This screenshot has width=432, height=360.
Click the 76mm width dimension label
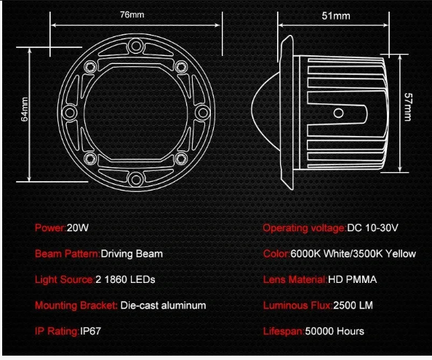pyautogui.click(x=132, y=15)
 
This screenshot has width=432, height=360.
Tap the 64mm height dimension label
pyautogui.click(x=25, y=109)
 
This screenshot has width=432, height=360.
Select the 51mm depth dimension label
pyautogui.click(x=336, y=16)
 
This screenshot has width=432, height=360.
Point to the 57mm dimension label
pyautogui.click(x=408, y=107)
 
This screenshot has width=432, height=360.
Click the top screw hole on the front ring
pyautogui.click(x=135, y=46)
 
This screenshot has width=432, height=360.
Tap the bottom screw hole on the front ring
pyautogui.click(x=135, y=180)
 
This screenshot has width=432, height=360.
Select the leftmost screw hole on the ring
pyautogui.click(x=70, y=113)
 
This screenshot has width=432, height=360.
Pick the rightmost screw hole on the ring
pyautogui.click(x=203, y=113)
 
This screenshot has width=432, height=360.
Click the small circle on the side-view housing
pyautogui.click(x=338, y=113)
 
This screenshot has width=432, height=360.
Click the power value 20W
pyautogui.click(x=77, y=228)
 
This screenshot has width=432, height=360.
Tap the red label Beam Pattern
pyautogui.click(x=67, y=254)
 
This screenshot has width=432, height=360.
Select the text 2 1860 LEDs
pyautogui.click(x=125, y=279)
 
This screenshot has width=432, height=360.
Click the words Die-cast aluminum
pyautogui.click(x=163, y=305)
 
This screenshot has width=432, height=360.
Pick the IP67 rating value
pyautogui.click(x=90, y=331)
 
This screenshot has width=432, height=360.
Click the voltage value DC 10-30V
pyautogui.click(x=372, y=228)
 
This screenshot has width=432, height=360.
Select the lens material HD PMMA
pyautogui.click(x=352, y=279)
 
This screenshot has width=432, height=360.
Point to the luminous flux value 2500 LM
pyautogui.click(x=353, y=305)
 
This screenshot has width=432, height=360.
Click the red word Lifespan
pyautogui.click(x=283, y=332)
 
